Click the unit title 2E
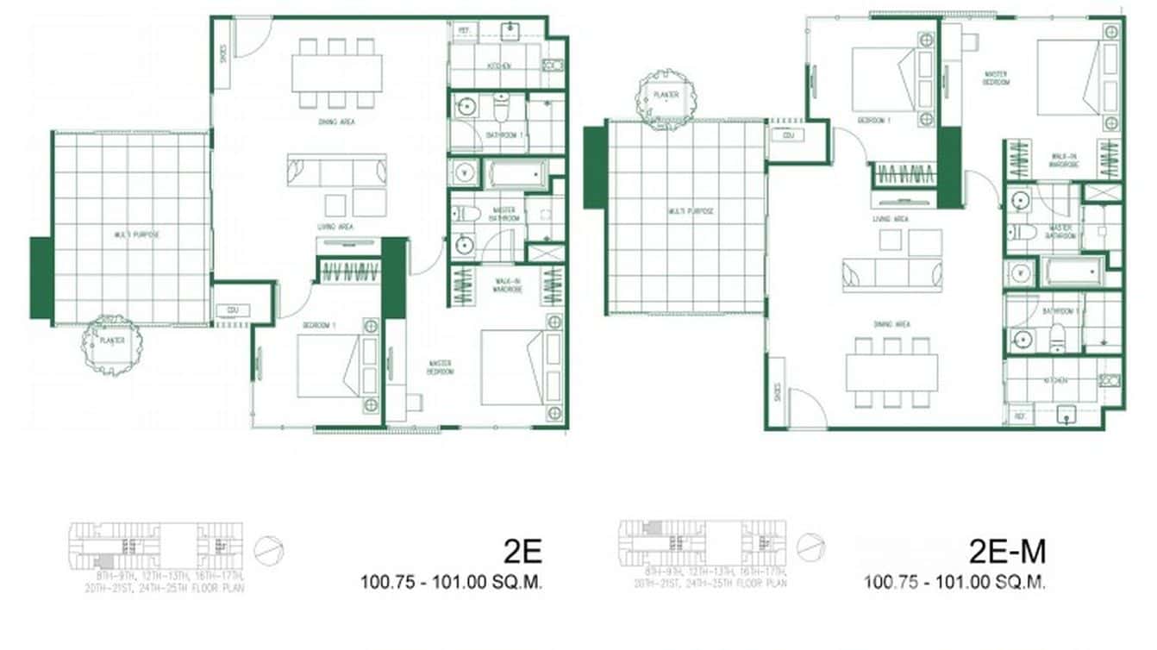522,550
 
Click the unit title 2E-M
1007,550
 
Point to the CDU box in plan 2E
232,311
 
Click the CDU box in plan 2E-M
787,135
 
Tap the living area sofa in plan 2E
336,171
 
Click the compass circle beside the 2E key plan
269,549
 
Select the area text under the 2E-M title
955,583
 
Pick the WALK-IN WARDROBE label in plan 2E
505,284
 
